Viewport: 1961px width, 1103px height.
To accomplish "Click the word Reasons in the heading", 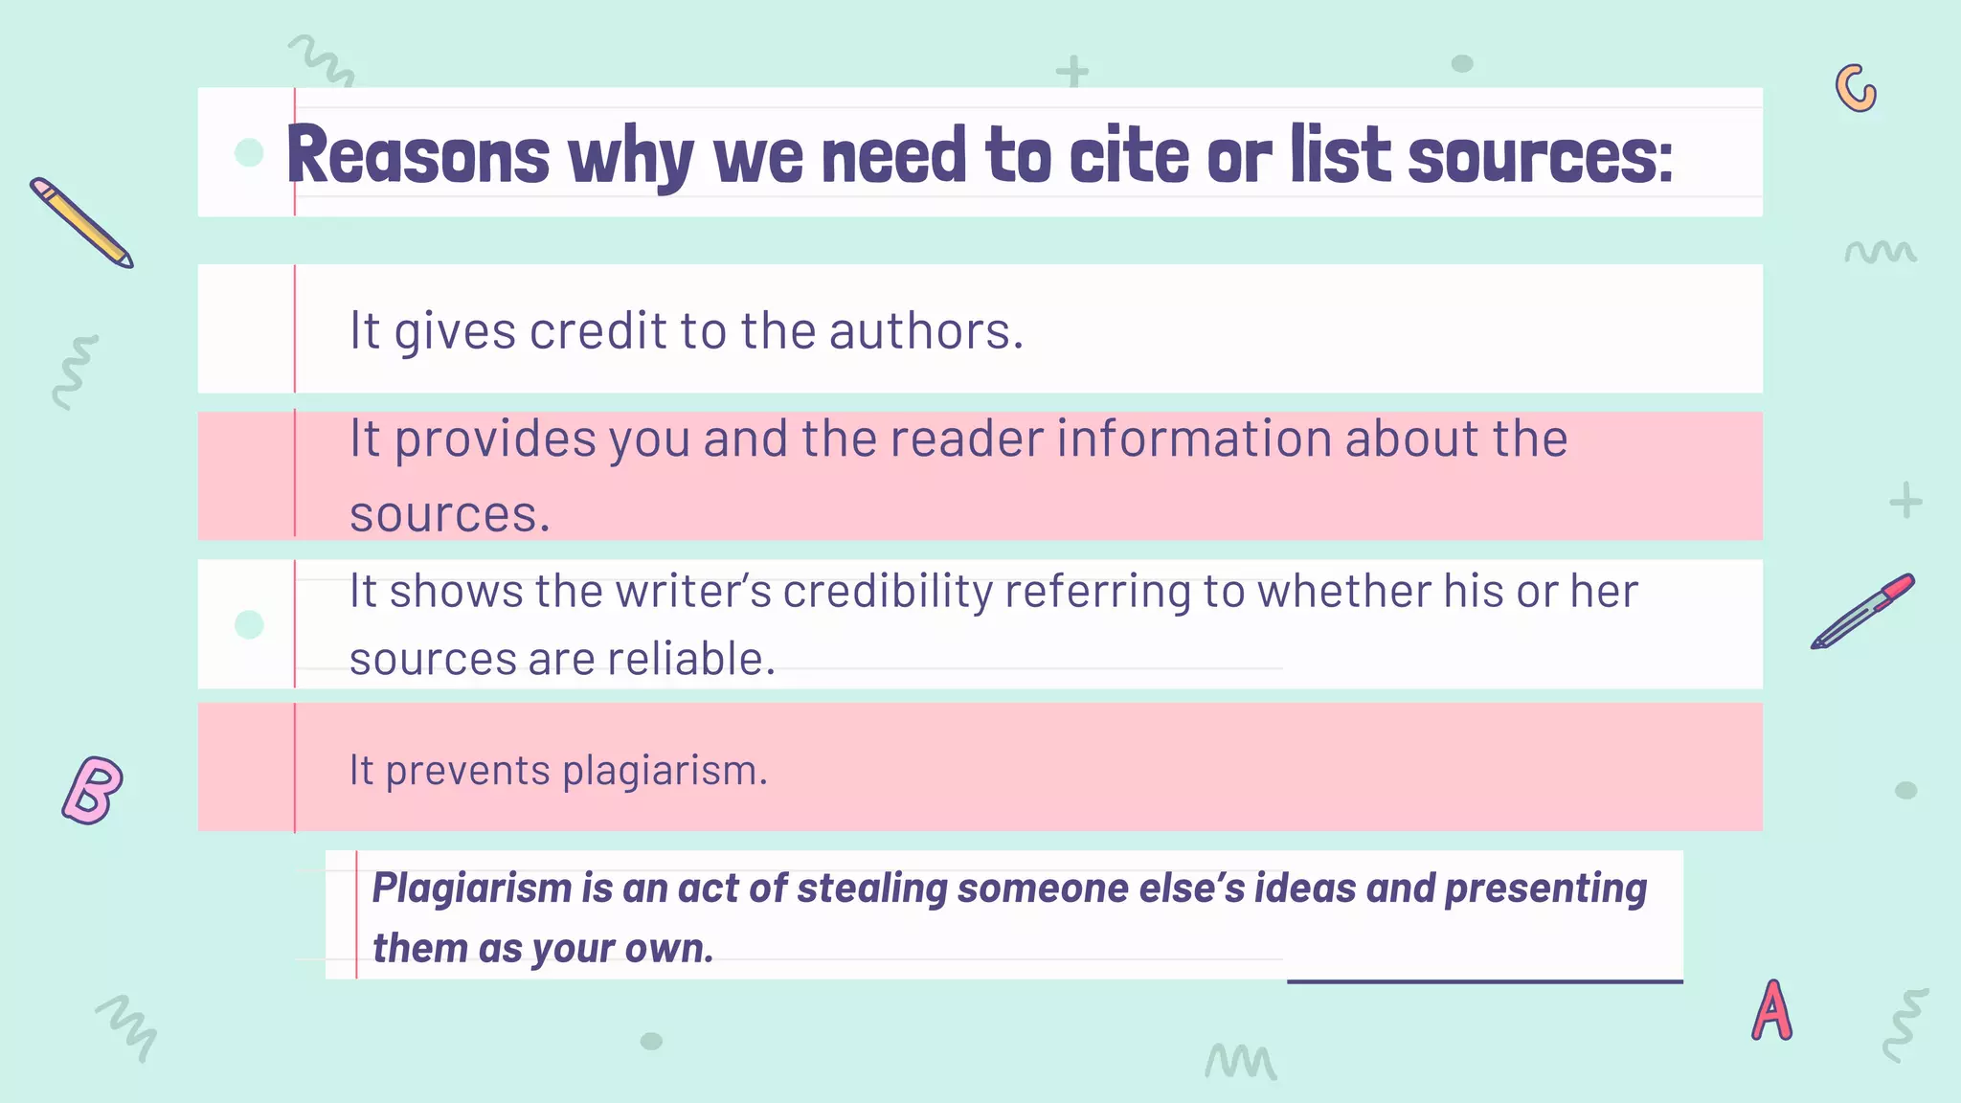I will pyautogui.click(x=418, y=156).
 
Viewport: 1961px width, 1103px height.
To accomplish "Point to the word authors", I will pyautogui.click(x=926, y=331).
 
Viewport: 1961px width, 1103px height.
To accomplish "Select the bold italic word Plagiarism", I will pyautogui.click(x=471, y=889).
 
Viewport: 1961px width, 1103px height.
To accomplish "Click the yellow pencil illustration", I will pyautogui.click(x=81, y=222).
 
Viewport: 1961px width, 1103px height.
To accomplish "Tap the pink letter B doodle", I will pyautogui.click(x=93, y=790).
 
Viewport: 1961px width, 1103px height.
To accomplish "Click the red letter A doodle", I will pyautogui.click(x=1771, y=1010).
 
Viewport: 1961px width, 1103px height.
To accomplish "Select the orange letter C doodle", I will pyautogui.click(x=1856, y=88).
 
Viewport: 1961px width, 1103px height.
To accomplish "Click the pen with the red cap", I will pyautogui.click(x=1862, y=611).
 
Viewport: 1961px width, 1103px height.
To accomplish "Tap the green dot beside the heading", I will pyautogui.click(x=249, y=152).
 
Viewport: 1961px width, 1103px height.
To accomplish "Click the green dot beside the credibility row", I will pyautogui.click(x=249, y=624).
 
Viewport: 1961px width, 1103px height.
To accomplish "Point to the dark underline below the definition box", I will pyautogui.click(x=1484, y=981).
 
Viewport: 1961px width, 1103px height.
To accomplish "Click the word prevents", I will pyautogui.click(x=467, y=770).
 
